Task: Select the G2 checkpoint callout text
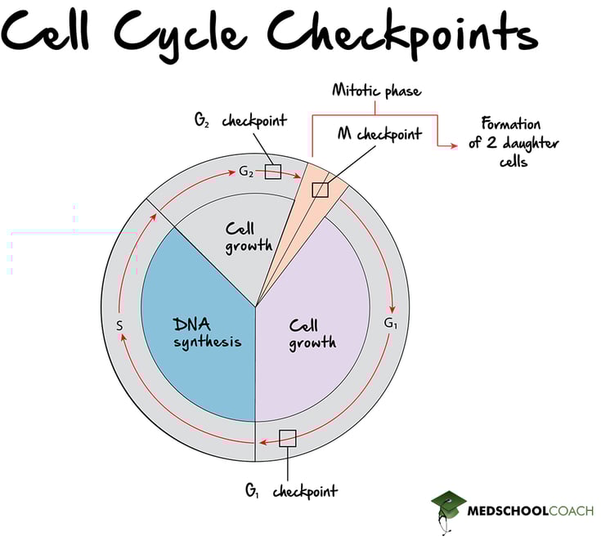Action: tap(240, 121)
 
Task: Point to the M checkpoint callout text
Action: tap(379, 133)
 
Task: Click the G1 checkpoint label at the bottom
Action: tap(291, 491)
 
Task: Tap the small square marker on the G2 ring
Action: tap(273, 172)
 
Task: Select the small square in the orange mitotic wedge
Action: tap(321, 190)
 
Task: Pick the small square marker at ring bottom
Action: tap(287, 438)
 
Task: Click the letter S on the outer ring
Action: tap(119, 325)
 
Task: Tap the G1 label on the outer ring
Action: tap(392, 323)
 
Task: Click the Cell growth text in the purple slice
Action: tap(312, 333)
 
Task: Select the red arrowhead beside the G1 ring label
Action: tap(392, 309)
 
